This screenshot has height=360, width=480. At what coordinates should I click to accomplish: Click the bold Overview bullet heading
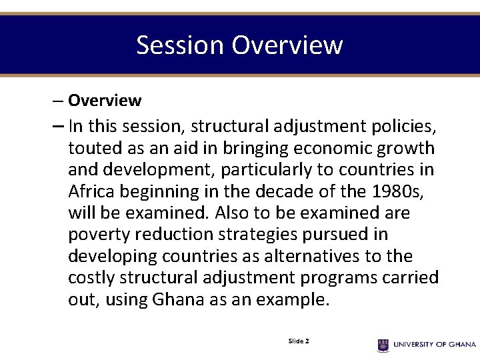point(105,101)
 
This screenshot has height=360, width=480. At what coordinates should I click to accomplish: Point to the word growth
point(406,148)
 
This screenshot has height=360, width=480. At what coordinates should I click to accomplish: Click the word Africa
point(91,192)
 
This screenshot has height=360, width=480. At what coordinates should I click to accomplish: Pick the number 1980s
point(400,192)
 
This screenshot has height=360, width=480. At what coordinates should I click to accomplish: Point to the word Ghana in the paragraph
point(179,299)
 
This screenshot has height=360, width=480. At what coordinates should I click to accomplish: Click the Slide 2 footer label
point(298,341)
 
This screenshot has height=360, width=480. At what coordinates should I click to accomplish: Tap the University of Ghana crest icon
point(383,345)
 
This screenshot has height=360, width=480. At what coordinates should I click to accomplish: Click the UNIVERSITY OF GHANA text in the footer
point(435,345)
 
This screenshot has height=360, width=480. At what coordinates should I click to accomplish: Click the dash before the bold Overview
point(58,101)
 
